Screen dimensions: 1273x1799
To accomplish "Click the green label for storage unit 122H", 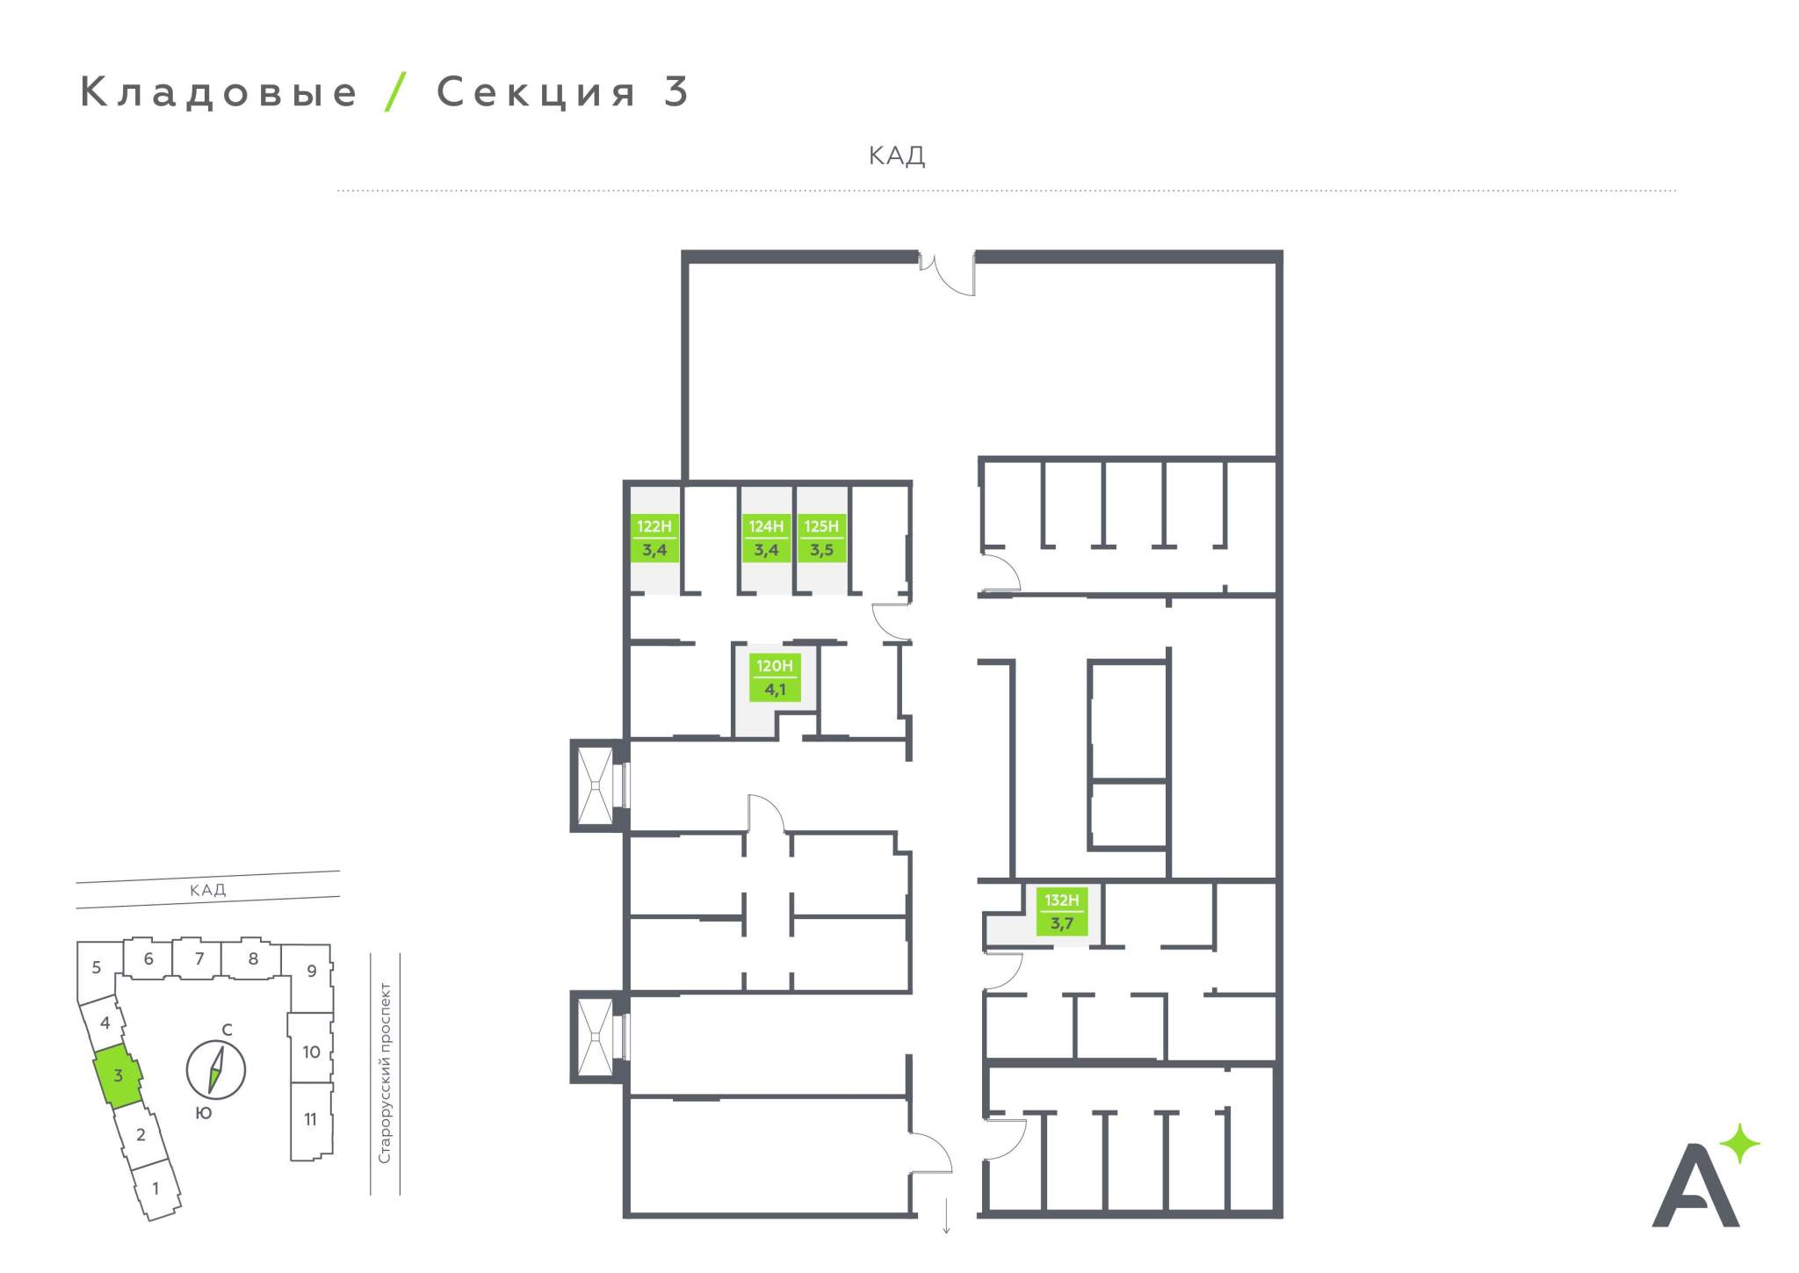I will point(654,539).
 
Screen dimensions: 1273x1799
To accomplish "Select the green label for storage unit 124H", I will point(766,539).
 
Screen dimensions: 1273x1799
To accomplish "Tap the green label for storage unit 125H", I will point(821,539).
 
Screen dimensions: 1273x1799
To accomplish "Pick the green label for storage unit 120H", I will point(775,677).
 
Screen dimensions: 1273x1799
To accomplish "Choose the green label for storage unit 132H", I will point(1061,912).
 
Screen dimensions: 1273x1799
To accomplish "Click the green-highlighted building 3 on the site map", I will point(117,1076).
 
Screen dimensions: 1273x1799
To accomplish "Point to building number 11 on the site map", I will point(310,1119).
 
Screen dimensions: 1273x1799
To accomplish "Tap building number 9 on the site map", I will point(311,972).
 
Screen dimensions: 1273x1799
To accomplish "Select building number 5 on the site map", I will point(97,967).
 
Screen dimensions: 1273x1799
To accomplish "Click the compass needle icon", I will point(216,1070).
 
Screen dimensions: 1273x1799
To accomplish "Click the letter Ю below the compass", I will point(203,1113).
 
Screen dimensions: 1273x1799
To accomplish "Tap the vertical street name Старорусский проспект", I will point(385,1073).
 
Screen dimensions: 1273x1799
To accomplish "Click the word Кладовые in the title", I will point(219,92).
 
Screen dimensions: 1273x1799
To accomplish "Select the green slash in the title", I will point(396,91).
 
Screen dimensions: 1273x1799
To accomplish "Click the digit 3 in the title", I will point(676,92).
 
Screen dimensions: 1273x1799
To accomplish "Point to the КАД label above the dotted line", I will point(896,156).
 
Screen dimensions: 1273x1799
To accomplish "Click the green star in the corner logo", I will point(1739,1144).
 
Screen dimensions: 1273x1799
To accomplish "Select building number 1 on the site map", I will point(155,1189).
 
